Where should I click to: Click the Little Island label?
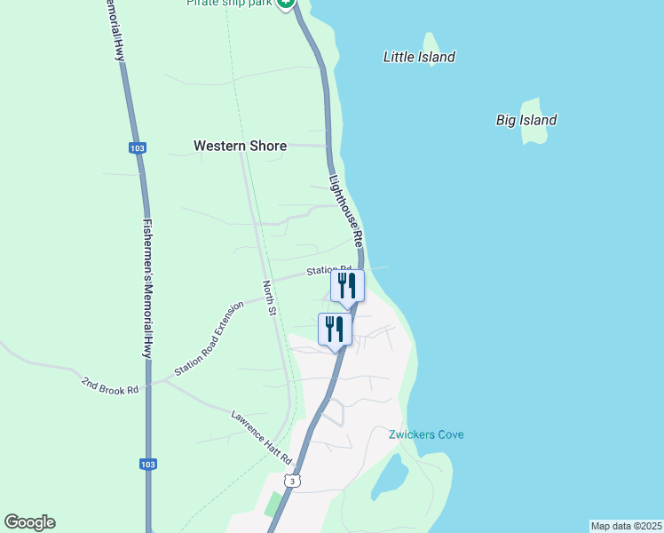(x=419, y=57)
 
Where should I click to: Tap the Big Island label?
(x=526, y=120)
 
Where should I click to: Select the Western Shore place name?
(x=240, y=146)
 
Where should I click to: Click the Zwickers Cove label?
(x=426, y=434)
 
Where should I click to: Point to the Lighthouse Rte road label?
(x=346, y=210)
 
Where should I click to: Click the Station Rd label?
(x=329, y=269)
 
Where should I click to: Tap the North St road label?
(x=270, y=298)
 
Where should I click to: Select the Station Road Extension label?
(x=209, y=338)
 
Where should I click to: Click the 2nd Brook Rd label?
(x=111, y=385)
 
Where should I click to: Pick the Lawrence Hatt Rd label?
(x=261, y=436)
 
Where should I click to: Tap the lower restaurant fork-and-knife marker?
(x=335, y=329)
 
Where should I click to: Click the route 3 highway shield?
(x=294, y=481)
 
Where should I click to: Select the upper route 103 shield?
(x=137, y=148)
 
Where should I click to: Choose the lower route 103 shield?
(x=148, y=464)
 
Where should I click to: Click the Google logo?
(x=29, y=522)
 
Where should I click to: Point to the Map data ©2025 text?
(x=626, y=526)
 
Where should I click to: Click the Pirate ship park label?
(x=229, y=3)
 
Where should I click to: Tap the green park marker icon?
(x=285, y=3)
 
